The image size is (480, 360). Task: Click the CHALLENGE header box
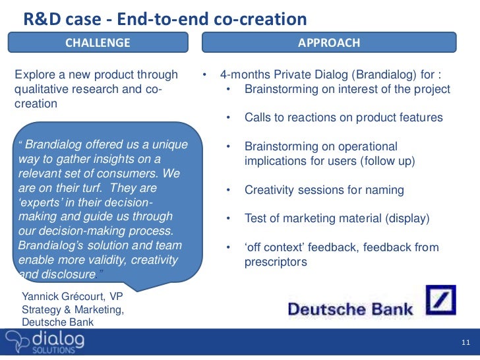pos(98,43)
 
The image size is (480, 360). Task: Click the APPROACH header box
pos(329,43)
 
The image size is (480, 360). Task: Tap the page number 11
pos(465,344)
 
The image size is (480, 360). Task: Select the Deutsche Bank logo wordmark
pos(350,309)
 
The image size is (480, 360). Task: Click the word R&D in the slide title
pos(40,18)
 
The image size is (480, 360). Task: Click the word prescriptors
pos(276,262)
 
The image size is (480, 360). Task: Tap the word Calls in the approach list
pos(258,117)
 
